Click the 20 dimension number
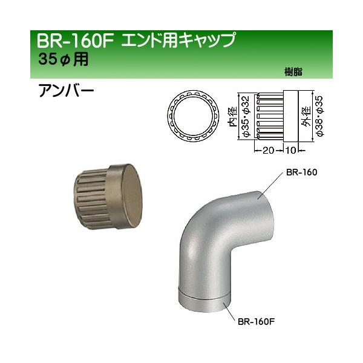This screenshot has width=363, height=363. [x=267, y=149]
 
